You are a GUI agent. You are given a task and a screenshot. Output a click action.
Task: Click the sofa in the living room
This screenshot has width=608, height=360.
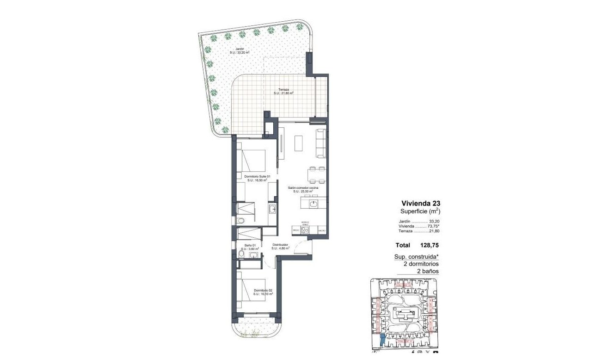pyautogui.click(x=321, y=143)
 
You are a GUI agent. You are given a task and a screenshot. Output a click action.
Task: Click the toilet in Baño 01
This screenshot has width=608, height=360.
pyautogui.click(x=241, y=254)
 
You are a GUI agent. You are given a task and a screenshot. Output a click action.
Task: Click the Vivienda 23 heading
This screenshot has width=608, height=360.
pyautogui.click(x=420, y=203)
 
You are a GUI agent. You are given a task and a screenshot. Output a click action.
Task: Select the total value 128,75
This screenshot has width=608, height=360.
pyautogui.click(x=429, y=245)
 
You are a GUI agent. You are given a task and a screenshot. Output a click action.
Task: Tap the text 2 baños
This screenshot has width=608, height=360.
pyautogui.click(x=428, y=271)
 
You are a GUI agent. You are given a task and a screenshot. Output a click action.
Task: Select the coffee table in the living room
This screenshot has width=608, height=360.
pyautogui.click(x=299, y=143)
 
